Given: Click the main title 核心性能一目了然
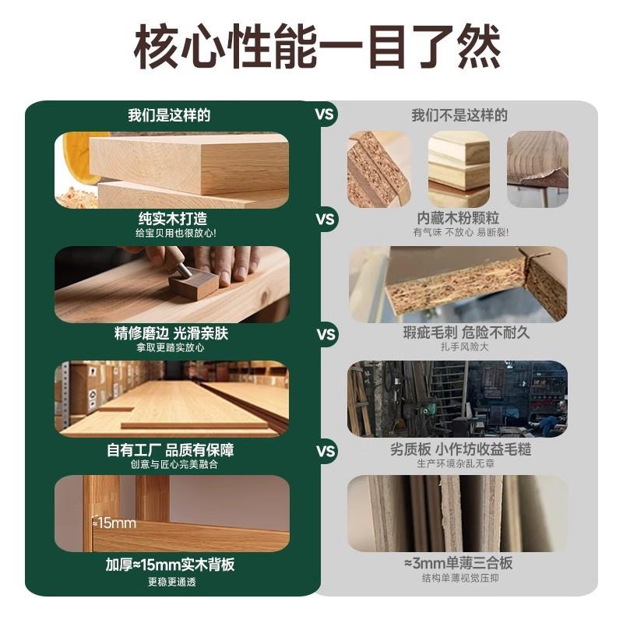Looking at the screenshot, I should click(x=311, y=49).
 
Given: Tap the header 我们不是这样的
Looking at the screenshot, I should click(x=459, y=115).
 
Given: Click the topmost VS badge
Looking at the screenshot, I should click(x=325, y=114).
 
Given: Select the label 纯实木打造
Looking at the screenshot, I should click(x=172, y=219).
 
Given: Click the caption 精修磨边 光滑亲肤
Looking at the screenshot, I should click(x=171, y=333).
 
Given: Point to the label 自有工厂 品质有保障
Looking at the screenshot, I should click(x=171, y=449).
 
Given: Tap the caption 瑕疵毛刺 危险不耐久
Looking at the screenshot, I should click(x=458, y=333).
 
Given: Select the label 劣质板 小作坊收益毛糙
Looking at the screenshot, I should click(x=458, y=449).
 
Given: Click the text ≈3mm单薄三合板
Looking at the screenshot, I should click(x=458, y=563).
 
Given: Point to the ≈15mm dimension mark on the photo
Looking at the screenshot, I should click(x=114, y=523).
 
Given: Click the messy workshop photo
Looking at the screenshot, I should click(x=457, y=398).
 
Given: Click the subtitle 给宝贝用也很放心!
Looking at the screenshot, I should click(x=172, y=233).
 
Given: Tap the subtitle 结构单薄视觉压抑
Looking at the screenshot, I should click(x=458, y=578).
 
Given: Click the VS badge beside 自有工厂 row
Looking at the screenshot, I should click(x=325, y=451).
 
